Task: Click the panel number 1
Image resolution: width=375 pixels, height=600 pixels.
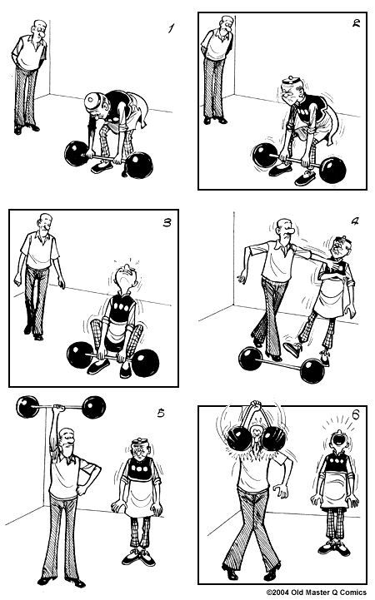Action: pyautogui.click(x=171, y=28)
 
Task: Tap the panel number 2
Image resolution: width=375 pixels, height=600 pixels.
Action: pyautogui.click(x=357, y=23)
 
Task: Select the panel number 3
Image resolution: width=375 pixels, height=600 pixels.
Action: pyautogui.click(x=167, y=222)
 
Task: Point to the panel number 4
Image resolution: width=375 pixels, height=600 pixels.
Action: pyautogui.click(x=355, y=221)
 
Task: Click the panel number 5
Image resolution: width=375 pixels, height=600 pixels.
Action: pyautogui.click(x=161, y=413)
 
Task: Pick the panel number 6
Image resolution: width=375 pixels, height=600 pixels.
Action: pyautogui.click(x=356, y=414)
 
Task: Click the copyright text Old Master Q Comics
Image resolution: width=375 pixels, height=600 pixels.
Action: pyautogui.click(x=317, y=593)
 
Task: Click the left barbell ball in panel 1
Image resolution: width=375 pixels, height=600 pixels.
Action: pyautogui.click(x=77, y=154)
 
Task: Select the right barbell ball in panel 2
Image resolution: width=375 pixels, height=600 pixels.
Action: pyautogui.click(x=332, y=170)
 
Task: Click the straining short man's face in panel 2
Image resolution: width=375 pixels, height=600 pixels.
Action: pyautogui.click(x=291, y=94)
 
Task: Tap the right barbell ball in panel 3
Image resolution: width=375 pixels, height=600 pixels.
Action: pyautogui.click(x=145, y=363)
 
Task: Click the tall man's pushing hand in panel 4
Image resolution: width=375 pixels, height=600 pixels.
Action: pyautogui.click(x=332, y=264)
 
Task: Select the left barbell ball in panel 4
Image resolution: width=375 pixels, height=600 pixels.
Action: pyautogui.click(x=250, y=359)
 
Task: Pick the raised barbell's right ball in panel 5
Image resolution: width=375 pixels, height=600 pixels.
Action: pyautogui.click(x=94, y=407)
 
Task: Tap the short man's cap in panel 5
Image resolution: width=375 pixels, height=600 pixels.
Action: pyautogui.click(x=139, y=443)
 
